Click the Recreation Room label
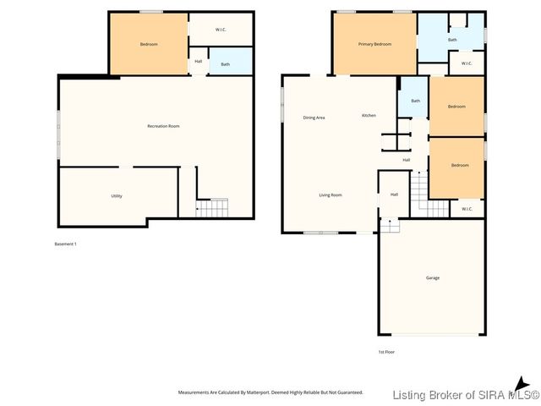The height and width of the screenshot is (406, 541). pyautogui.click(x=163, y=126)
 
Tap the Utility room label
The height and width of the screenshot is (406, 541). pyautogui.click(x=117, y=195)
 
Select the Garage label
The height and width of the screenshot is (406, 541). pyautogui.click(x=432, y=277)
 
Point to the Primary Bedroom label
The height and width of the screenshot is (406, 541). pyautogui.click(x=374, y=44)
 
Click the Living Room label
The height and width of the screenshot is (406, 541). pyautogui.click(x=330, y=195)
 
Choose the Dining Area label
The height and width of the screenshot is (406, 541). pyautogui.click(x=314, y=118)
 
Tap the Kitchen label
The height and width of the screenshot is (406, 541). pyautogui.click(x=369, y=115)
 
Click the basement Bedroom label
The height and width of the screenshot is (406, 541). pyautogui.click(x=149, y=44)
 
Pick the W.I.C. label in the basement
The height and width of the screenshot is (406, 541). pyautogui.click(x=220, y=30)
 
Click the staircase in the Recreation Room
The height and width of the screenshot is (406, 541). pyautogui.click(x=213, y=207)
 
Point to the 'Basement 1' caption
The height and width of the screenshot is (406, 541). pyautogui.click(x=65, y=244)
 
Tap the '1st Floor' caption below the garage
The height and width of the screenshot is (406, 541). pyautogui.click(x=386, y=351)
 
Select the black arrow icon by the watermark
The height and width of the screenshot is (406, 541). pyautogui.click(x=522, y=383)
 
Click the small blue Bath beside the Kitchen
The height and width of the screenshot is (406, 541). pyautogui.click(x=415, y=100)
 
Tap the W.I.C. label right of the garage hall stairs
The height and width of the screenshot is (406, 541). pyautogui.click(x=467, y=208)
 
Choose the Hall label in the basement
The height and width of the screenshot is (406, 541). pyautogui.click(x=199, y=61)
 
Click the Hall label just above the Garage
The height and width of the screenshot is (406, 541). pyautogui.click(x=394, y=195)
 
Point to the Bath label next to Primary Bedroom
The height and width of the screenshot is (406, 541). pyautogui.click(x=452, y=40)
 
